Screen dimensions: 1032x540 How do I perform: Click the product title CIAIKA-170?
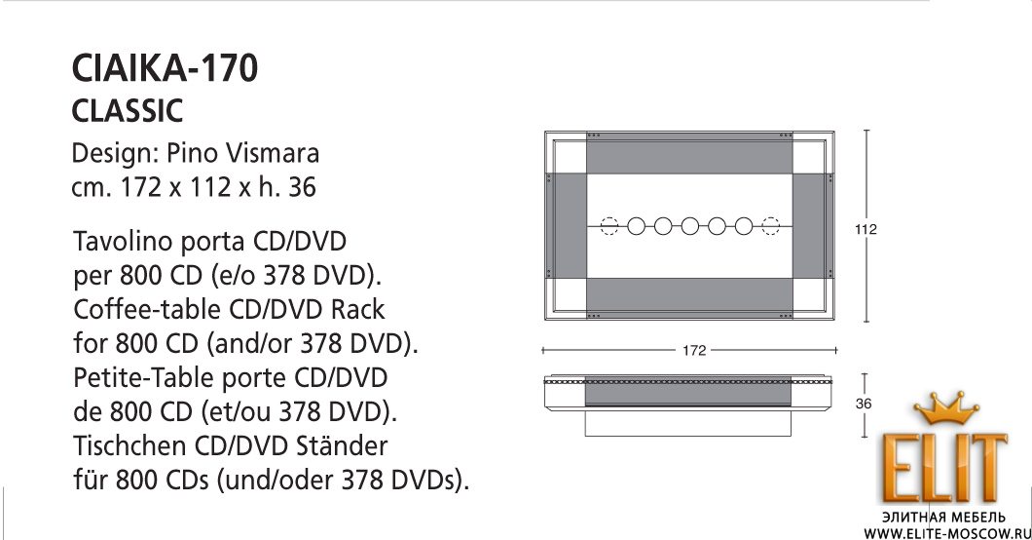coord(165,68)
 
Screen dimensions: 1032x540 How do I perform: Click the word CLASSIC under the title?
coord(127,111)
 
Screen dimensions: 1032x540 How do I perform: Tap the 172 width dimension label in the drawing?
coord(694,350)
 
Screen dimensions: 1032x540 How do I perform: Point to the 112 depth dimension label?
coord(866,229)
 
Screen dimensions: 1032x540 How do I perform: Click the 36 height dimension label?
coord(864,404)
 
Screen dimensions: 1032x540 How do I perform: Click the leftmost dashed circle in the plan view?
coord(609,226)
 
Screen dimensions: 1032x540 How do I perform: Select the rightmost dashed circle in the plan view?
coord(770,226)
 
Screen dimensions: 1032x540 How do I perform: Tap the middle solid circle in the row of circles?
coord(689,226)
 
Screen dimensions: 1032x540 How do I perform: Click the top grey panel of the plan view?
coord(689,153)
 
